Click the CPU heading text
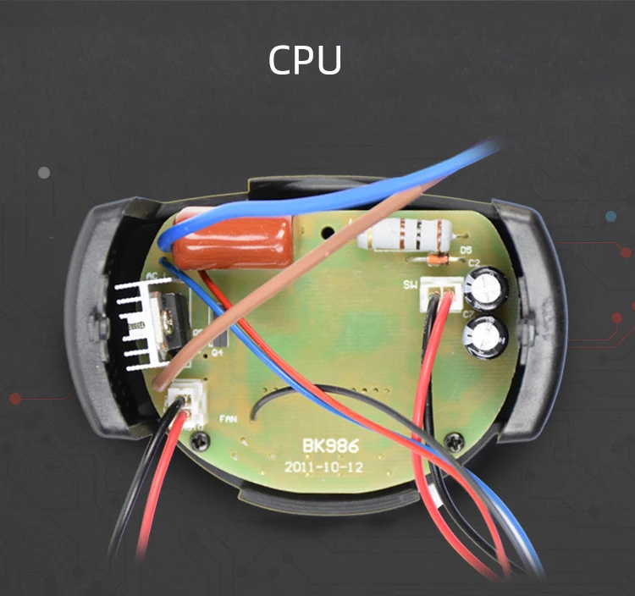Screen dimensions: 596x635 tap(306, 60)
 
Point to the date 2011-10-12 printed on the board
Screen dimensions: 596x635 tap(326, 466)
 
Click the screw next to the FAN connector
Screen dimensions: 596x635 tap(202, 439)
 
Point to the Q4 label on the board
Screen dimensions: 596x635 tap(218, 353)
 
